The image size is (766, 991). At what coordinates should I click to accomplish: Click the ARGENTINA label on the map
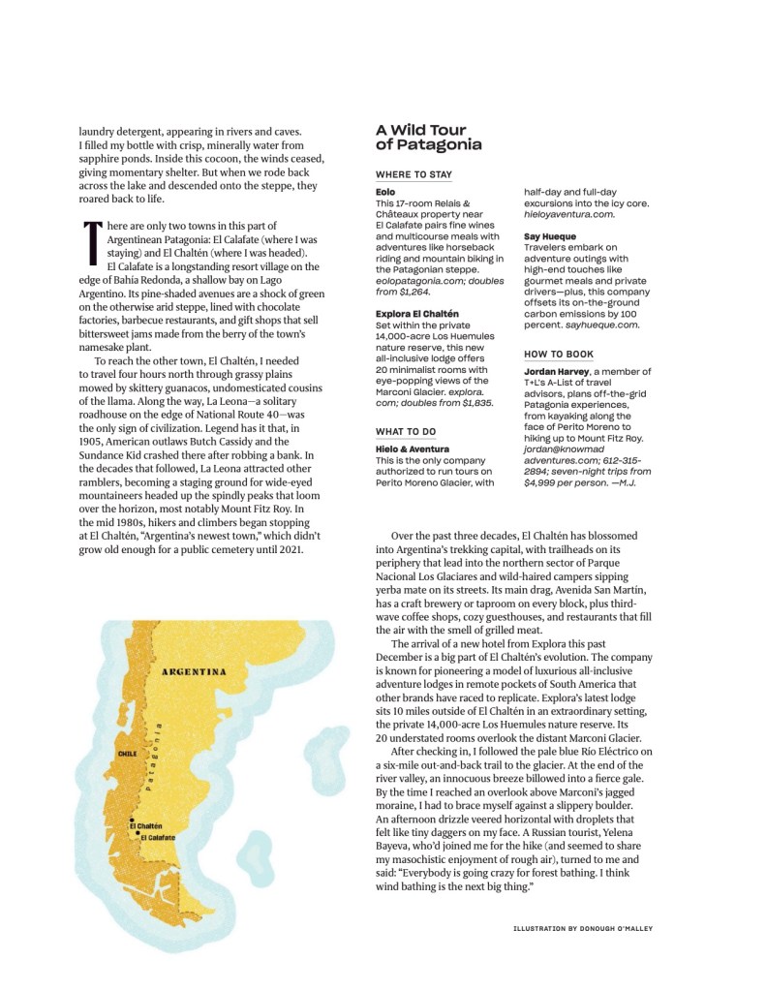coord(194,671)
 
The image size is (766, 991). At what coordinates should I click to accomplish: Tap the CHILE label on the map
coord(127,753)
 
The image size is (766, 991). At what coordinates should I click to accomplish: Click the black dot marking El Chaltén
coord(132,821)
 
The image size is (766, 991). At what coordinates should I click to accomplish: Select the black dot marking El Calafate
coord(138,833)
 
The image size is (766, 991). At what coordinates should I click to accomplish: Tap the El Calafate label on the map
coord(160,836)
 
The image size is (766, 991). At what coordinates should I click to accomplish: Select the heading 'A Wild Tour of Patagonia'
coord(428,137)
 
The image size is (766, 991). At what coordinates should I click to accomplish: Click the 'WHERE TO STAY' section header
coord(414,174)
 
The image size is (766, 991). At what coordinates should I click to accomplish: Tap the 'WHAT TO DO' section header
coord(406,431)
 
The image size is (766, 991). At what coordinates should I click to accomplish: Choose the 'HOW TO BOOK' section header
coord(559,355)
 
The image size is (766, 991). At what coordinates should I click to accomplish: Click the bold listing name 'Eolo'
coord(385,193)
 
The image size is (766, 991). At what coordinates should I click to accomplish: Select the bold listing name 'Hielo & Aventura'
coord(413,449)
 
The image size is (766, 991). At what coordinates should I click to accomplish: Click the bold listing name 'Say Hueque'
coord(550,236)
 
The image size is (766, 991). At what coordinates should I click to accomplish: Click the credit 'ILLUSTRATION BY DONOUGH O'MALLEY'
coord(583,928)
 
